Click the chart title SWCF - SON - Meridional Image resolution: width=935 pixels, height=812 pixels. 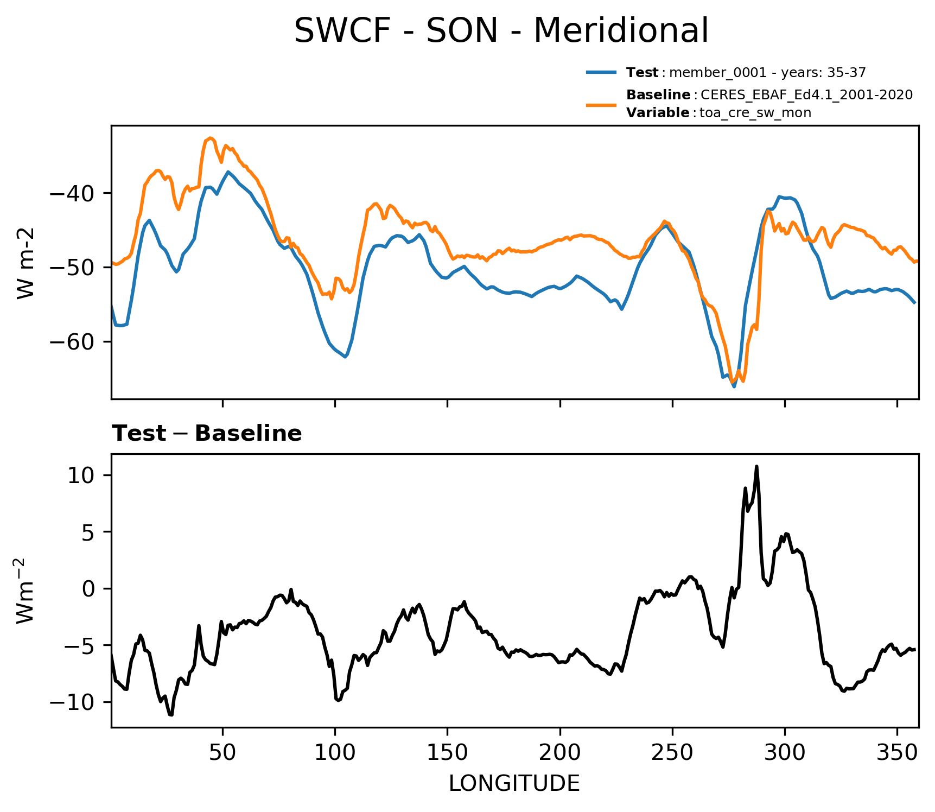click(501, 30)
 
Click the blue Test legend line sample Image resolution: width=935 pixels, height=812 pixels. click(601, 72)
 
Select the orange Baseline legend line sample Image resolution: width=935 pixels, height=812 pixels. click(601, 104)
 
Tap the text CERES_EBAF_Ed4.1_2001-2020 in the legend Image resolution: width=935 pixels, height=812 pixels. click(806, 95)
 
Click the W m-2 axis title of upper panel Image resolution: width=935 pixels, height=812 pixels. click(26, 263)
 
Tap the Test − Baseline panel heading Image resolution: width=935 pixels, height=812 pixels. click(207, 434)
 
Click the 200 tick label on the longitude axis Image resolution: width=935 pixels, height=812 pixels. click(559, 752)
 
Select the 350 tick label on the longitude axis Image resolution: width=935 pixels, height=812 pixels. click(897, 752)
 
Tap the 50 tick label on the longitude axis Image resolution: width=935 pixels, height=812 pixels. click(222, 752)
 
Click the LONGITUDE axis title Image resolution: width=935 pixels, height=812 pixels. click(514, 784)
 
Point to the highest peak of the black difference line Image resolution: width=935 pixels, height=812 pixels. click(756, 466)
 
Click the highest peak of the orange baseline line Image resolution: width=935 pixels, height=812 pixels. click(211, 138)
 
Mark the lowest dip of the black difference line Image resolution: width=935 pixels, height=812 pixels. click(171, 715)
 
